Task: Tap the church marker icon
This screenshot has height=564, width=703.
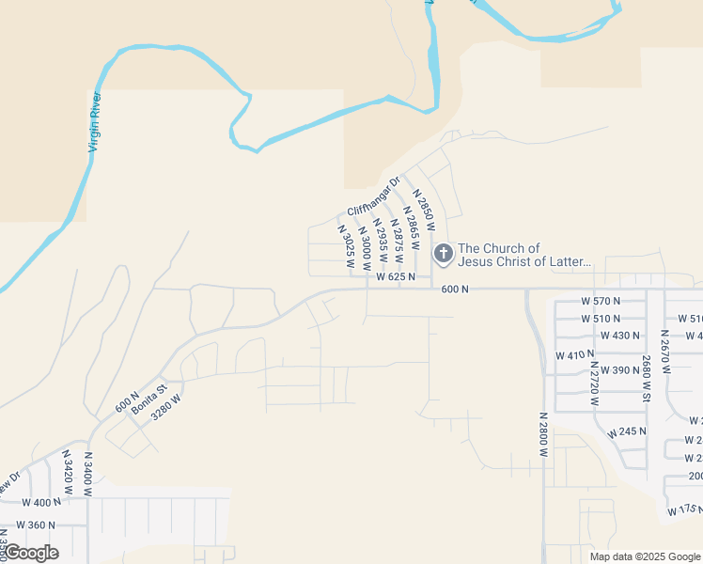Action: point(443,254)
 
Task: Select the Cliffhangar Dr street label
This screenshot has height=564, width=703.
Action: point(373,196)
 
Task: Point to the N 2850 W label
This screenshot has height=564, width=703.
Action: point(425,211)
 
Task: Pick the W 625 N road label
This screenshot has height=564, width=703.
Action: point(396,277)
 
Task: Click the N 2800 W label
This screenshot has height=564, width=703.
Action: point(543,434)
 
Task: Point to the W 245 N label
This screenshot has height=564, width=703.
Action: point(627,432)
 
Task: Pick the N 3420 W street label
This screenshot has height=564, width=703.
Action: point(67,472)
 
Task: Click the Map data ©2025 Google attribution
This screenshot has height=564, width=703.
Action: point(644,556)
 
